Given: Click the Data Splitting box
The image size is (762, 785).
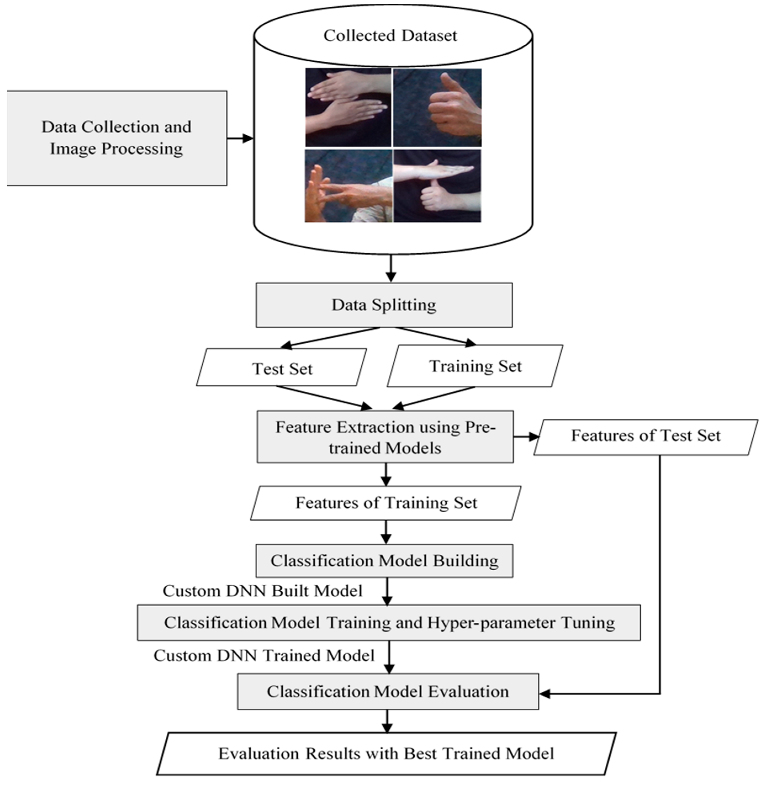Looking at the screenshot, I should click(x=384, y=305).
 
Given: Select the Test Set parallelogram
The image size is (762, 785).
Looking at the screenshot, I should click(x=282, y=368).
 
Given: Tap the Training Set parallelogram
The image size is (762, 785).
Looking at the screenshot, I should click(x=475, y=366).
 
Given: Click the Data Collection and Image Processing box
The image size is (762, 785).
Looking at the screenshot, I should click(x=117, y=138).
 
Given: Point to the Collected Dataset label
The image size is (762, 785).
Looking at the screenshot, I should click(x=390, y=36).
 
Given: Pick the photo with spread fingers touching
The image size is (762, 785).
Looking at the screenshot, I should click(x=348, y=186).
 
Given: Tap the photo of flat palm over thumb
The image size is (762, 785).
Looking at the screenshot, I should click(x=437, y=186).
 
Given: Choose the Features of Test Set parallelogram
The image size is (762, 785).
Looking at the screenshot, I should click(x=645, y=436).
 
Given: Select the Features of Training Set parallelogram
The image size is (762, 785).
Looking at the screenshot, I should click(x=386, y=503).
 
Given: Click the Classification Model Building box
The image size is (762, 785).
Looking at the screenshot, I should click(x=384, y=560).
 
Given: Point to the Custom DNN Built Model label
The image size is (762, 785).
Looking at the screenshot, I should click(x=262, y=591).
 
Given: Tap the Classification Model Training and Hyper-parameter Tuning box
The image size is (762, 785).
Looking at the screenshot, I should click(x=389, y=622).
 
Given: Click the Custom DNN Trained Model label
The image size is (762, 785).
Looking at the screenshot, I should click(x=264, y=655).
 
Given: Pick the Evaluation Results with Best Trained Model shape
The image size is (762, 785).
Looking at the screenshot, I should click(x=386, y=753).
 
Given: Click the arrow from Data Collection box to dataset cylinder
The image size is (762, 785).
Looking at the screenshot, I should click(x=240, y=138).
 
